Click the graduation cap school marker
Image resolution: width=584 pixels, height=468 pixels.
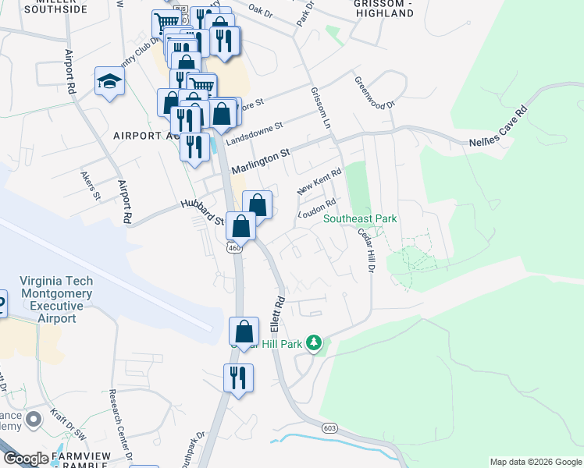click(x=109, y=81)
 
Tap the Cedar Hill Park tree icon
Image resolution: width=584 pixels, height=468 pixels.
click(x=314, y=342)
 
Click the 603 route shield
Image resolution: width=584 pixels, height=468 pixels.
click(x=329, y=427)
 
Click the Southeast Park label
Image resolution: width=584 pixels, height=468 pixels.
click(x=361, y=219)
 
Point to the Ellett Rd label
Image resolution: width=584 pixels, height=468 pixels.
click(x=278, y=311)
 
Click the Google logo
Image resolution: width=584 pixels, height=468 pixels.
click(x=25, y=459)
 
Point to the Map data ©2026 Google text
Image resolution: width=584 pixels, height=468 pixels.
click(x=535, y=462)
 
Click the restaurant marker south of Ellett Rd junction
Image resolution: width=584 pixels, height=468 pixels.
click(x=238, y=378)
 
